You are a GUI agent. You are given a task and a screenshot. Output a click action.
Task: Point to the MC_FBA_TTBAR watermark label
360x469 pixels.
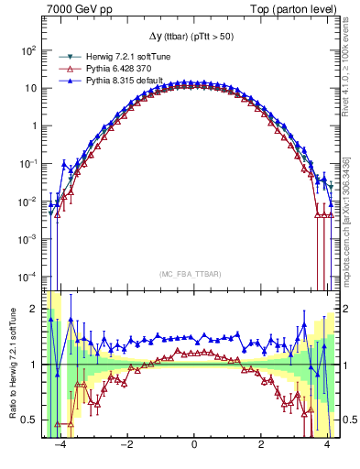click(x=193, y=274)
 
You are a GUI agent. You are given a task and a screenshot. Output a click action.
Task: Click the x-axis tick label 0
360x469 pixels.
click(x=194, y=452)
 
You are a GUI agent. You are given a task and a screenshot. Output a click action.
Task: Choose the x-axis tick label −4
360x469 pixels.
click(x=59, y=452)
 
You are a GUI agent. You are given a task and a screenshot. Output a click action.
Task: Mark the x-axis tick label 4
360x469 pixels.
click(x=327, y=452)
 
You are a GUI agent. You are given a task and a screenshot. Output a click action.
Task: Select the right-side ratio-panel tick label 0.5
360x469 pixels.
click(x=349, y=420)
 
